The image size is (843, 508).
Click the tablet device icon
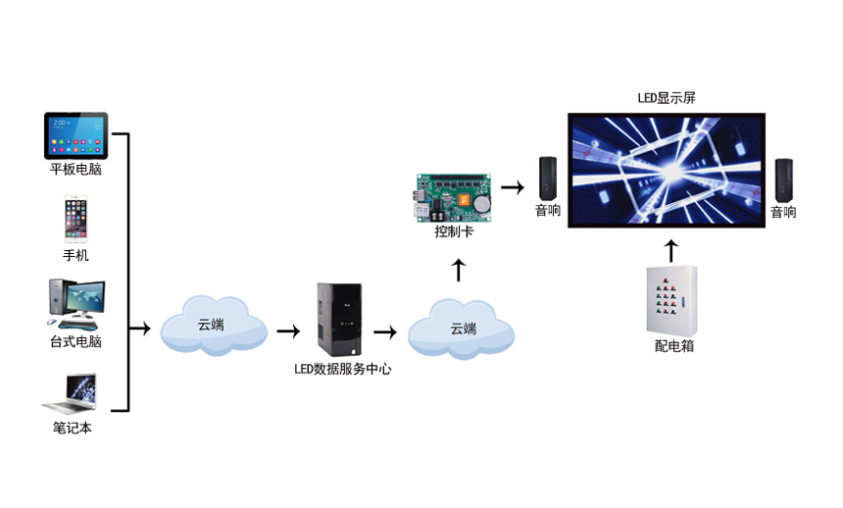(x=75, y=136)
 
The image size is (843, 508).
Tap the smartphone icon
(x=75, y=219)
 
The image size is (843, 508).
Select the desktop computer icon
(x=75, y=304)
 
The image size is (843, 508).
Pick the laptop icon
(x=72, y=392)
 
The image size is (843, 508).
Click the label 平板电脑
(x=75, y=170)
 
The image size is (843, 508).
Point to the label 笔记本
(x=72, y=428)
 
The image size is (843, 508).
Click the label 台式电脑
(x=75, y=341)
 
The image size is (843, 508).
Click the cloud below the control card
(x=462, y=329)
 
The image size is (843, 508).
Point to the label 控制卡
(x=454, y=232)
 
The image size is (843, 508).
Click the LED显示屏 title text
(x=666, y=98)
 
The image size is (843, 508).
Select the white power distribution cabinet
(x=671, y=300)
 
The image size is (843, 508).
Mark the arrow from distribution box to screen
(x=671, y=249)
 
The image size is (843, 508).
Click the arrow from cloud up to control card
(x=458, y=269)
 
